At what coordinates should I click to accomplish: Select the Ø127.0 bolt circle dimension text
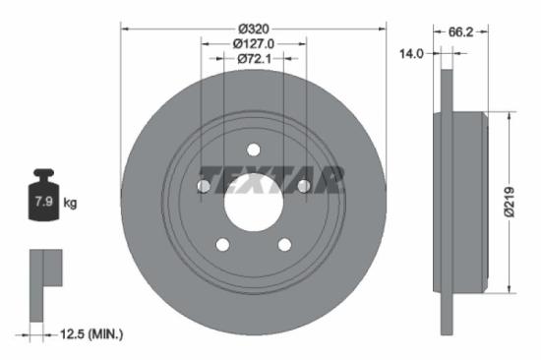(x=254, y=43)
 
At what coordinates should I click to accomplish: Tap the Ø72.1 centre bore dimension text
(x=254, y=59)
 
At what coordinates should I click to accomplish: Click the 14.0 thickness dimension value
(x=411, y=54)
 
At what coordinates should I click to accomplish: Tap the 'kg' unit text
(x=70, y=203)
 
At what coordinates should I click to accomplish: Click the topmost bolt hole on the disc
(x=253, y=150)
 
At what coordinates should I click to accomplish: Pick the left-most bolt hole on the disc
(x=204, y=186)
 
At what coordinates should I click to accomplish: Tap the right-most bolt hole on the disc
(x=303, y=186)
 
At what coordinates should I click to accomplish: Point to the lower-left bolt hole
(x=222, y=244)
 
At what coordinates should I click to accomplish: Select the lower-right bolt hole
(x=284, y=244)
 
